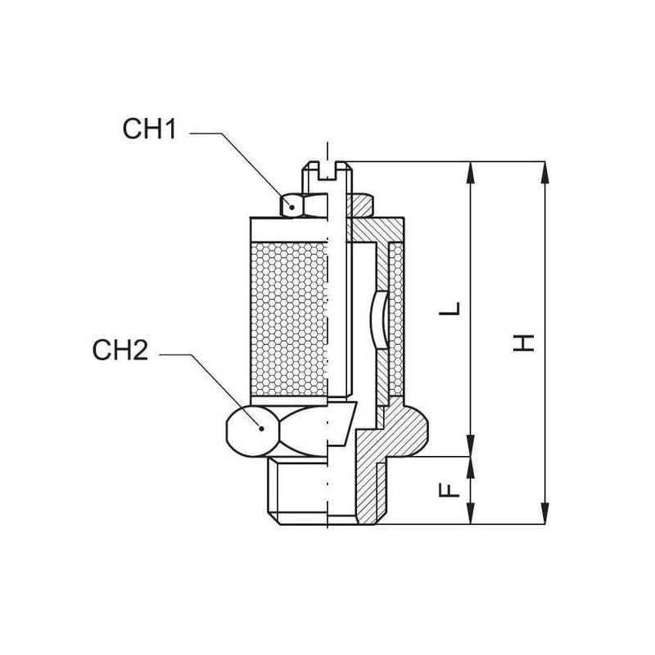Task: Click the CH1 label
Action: click(x=150, y=129)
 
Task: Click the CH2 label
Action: click(x=120, y=350)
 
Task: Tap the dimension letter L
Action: click(x=449, y=309)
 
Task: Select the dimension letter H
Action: click(x=524, y=342)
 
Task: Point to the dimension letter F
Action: click(x=449, y=490)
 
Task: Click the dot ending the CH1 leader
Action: click(x=292, y=207)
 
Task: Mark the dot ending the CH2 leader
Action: click(x=262, y=428)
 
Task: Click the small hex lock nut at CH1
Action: click(x=303, y=206)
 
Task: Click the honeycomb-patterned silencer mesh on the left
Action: click(x=289, y=319)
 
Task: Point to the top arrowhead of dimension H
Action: click(x=544, y=173)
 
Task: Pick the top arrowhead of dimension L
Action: click(x=471, y=173)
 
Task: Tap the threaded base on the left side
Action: click(x=297, y=490)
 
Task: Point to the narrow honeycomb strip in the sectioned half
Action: click(x=396, y=319)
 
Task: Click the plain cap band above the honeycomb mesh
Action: click(x=289, y=229)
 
